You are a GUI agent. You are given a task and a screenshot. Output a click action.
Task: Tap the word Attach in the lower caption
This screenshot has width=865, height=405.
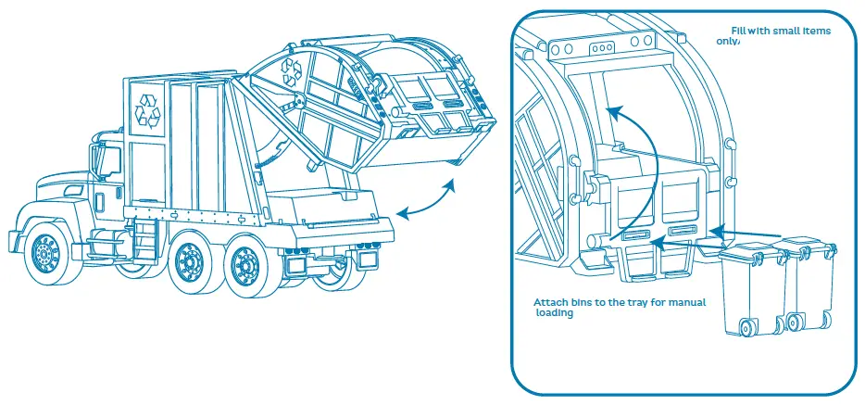point(553,302)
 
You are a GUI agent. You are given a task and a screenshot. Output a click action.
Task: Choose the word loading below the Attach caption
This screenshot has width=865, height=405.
point(556,313)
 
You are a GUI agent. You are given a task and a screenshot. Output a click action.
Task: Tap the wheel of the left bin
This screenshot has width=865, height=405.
point(747,327)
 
